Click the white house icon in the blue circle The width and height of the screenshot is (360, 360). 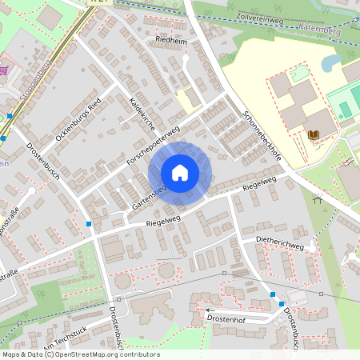[x=180, y=173]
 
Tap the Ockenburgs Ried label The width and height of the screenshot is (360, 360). [x=78, y=125]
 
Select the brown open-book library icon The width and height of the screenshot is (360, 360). [x=314, y=134]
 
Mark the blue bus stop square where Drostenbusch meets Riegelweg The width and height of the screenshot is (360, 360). [x=88, y=223]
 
